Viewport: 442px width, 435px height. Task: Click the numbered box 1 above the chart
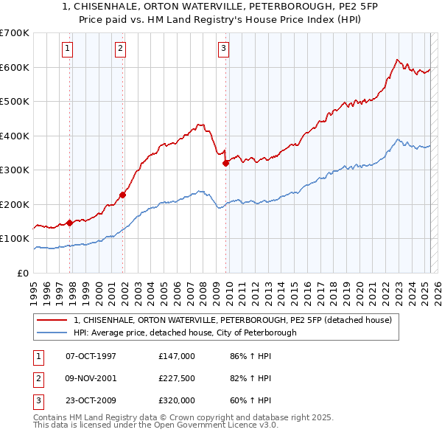[x=67, y=49]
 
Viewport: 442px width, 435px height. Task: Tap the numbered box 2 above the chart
[x=120, y=49]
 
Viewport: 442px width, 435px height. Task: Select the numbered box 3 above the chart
[x=223, y=49]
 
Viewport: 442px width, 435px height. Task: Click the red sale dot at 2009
[x=226, y=164]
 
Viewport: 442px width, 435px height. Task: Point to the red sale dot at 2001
[x=123, y=195]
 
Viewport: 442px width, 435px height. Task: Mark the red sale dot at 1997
[x=70, y=222]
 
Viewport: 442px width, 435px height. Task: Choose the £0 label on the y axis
[x=22, y=273]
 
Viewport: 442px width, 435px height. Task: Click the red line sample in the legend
[x=52, y=320]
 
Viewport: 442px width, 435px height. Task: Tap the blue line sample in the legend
[x=52, y=333]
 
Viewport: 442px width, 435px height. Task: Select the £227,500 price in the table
[x=176, y=378]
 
